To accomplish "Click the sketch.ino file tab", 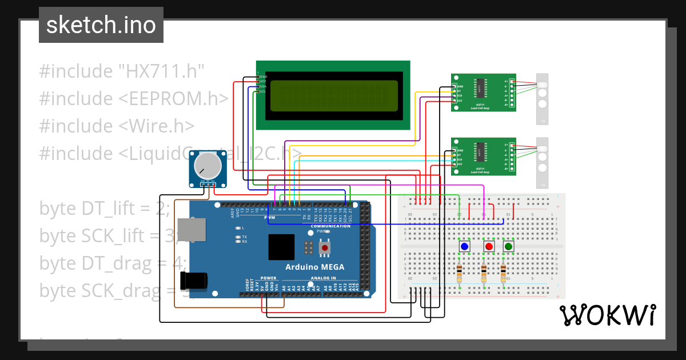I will (101, 25).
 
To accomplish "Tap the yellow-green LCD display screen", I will (334, 95).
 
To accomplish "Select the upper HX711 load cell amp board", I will (483, 93).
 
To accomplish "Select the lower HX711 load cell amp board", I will (483, 157).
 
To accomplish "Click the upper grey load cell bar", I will (541, 98).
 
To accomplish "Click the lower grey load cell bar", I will (541, 162).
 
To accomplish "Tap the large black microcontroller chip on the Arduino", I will (281, 247).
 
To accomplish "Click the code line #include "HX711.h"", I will (122, 71).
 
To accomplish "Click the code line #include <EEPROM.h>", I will (134, 99).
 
